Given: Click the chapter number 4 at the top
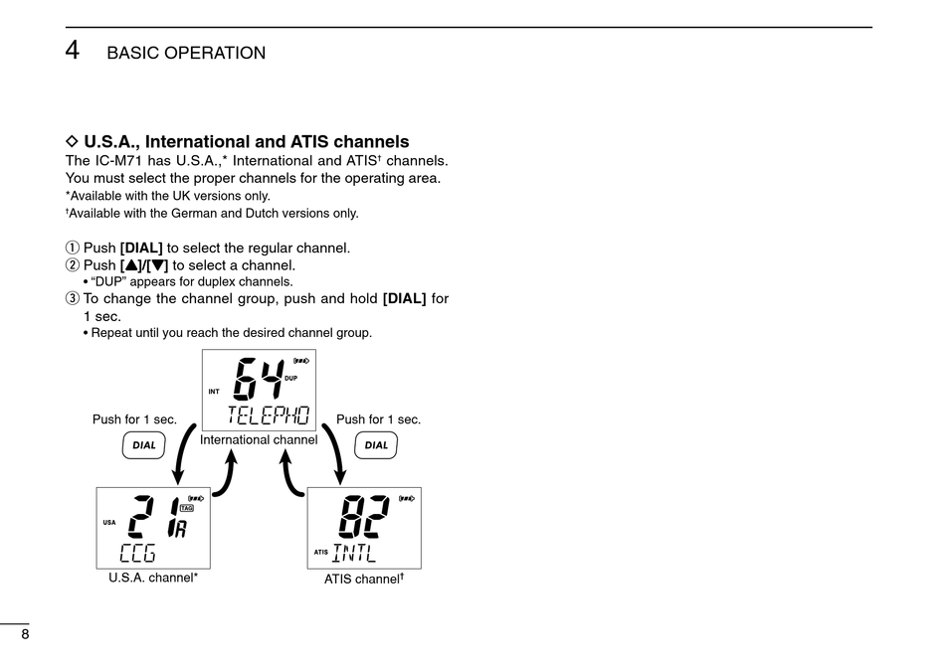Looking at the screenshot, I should [73, 50].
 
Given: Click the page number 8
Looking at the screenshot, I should [25, 635].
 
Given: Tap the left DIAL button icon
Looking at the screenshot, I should [144, 445].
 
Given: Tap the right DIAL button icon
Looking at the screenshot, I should [376, 445].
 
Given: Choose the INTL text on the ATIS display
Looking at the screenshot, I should [361, 552].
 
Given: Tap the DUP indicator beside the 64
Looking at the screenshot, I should [290, 379].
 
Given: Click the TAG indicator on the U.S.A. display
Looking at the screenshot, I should [186, 508].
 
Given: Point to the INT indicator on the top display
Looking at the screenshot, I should [214, 392].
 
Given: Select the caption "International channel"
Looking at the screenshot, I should [259, 439].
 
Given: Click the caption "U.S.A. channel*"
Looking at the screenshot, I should [153, 577].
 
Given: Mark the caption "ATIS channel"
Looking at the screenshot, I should [363, 578].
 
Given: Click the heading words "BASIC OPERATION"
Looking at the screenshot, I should [186, 54].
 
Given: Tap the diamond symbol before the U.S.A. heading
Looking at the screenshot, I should [71, 142].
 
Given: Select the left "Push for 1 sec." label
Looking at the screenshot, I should [134, 419].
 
